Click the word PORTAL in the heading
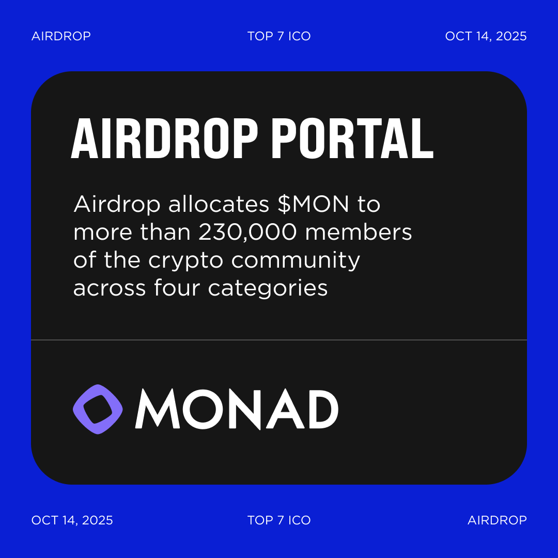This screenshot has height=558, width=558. click(352, 139)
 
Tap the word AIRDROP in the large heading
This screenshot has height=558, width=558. click(164, 139)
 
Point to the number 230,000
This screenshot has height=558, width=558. click(248, 233)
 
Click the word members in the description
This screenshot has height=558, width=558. click(359, 233)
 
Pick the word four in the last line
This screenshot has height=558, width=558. click(177, 288)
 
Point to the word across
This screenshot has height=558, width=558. click(110, 288)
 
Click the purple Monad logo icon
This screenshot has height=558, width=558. click(98, 409)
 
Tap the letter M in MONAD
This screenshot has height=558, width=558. click(157, 409)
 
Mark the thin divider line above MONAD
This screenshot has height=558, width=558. click(279, 340)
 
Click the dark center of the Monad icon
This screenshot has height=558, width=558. click(98, 409)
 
